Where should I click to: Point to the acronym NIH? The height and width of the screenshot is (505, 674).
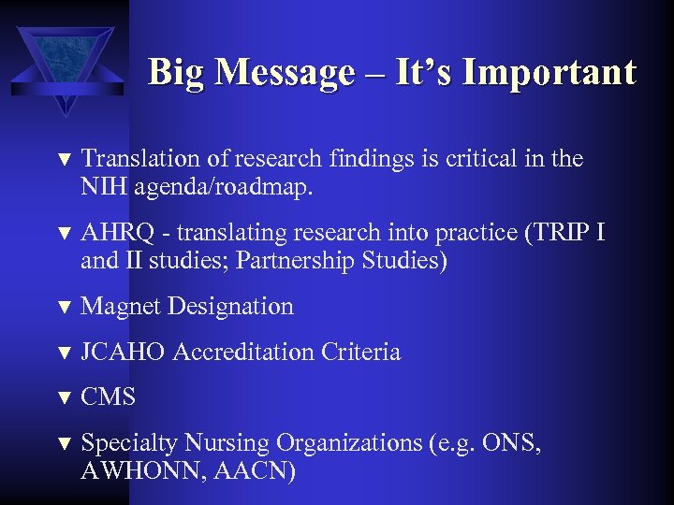point(104,187)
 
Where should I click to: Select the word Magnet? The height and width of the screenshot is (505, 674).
point(116,306)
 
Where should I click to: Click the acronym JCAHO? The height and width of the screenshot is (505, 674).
point(124,352)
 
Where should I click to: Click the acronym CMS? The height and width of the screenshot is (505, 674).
point(109,397)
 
